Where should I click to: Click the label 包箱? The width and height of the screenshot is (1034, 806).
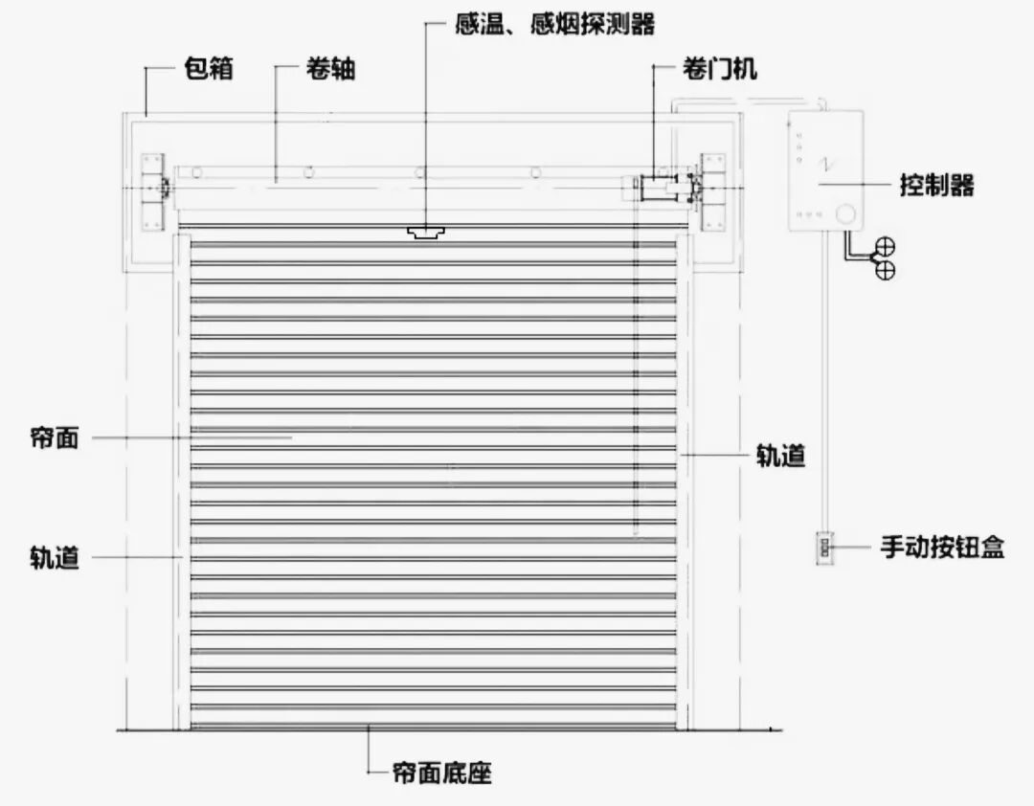(x=208, y=70)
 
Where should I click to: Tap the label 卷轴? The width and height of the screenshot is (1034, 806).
(x=330, y=70)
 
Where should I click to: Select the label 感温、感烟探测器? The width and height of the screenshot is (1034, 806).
(x=555, y=24)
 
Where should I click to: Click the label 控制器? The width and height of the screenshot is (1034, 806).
(x=936, y=185)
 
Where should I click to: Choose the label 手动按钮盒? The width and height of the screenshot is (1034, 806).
(x=942, y=549)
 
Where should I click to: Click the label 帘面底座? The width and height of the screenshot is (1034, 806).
(x=441, y=772)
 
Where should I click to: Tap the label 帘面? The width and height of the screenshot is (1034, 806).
(x=55, y=438)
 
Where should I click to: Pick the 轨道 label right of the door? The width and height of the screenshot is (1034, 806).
(x=780, y=457)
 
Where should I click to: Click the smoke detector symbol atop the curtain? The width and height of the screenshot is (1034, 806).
(x=426, y=232)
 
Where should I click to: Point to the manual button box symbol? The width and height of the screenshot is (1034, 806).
(x=824, y=549)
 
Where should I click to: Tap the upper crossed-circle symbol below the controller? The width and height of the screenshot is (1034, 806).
(x=887, y=244)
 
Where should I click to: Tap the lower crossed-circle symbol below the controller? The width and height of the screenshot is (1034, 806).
(x=887, y=270)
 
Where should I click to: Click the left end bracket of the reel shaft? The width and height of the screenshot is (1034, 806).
(x=151, y=191)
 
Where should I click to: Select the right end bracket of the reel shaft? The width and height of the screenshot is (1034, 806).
(x=712, y=191)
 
